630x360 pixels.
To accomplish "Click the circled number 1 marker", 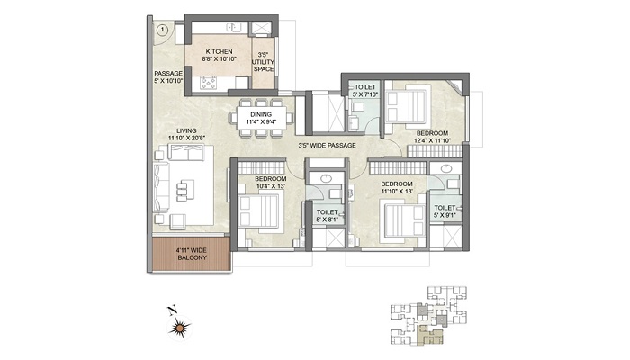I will click(162, 30).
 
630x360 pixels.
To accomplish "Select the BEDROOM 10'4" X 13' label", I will click(270, 184).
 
